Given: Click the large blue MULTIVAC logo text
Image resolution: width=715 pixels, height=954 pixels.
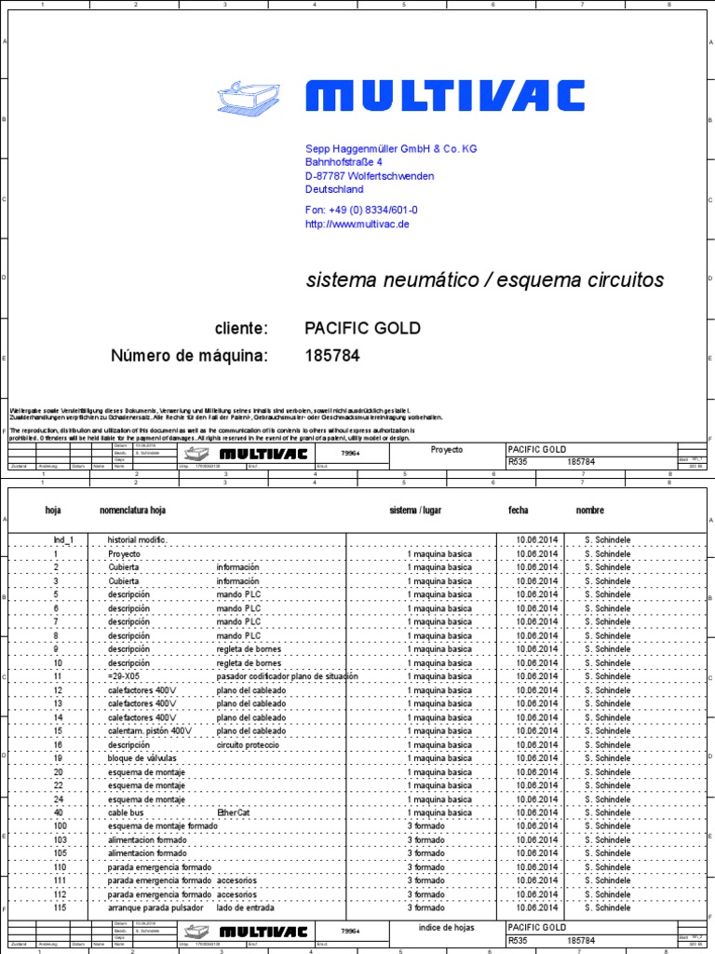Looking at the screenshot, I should pyautogui.click(x=445, y=96).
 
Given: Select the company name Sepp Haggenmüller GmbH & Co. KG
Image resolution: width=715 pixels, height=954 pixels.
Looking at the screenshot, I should pyautogui.click(x=391, y=149).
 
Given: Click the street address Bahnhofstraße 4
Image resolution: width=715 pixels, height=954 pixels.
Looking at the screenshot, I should pyautogui.click(x=344, y=162).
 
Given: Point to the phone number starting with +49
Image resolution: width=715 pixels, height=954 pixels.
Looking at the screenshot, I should pyautogui.click(x=361, y=211).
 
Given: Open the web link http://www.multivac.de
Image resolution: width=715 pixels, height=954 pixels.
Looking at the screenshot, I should pyautogui.click(x=357, y=224).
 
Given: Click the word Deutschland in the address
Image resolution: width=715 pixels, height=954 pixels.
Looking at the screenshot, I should pyautogui.click(x=334, y=189).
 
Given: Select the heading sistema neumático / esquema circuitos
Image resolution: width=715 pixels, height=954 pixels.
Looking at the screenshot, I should pyautogui.click(x=485, y=280).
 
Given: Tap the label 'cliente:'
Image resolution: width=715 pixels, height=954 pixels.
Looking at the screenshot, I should pyautogui.click(x=241, y=328).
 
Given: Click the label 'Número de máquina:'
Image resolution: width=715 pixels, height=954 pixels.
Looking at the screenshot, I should pyautogui.click(x=190, y=356).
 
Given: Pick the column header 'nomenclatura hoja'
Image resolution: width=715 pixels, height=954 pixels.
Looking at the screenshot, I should pyautogui.click(x=133, y=511).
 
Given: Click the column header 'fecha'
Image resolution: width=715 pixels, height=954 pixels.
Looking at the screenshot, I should pyautogui.click(x=518, y=511).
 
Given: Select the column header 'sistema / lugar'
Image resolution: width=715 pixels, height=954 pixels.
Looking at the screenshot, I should pyautogui.click(x=417, y=511).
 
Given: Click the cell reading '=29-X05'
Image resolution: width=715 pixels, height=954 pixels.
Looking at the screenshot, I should pyautogui.click(x=124, y=676).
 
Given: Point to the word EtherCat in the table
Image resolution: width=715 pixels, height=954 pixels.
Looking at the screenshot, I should pyautogui.click(x=234, y=812).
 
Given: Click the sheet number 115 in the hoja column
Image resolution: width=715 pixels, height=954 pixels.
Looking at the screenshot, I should pyautogui.click(x=61, y=907).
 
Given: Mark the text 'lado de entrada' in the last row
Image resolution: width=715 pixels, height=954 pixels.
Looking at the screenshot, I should pyautogui.click(x=245, y=907).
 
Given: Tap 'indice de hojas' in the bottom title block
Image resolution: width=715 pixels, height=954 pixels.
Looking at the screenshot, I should pyautogui.click(x=447, y=928).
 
